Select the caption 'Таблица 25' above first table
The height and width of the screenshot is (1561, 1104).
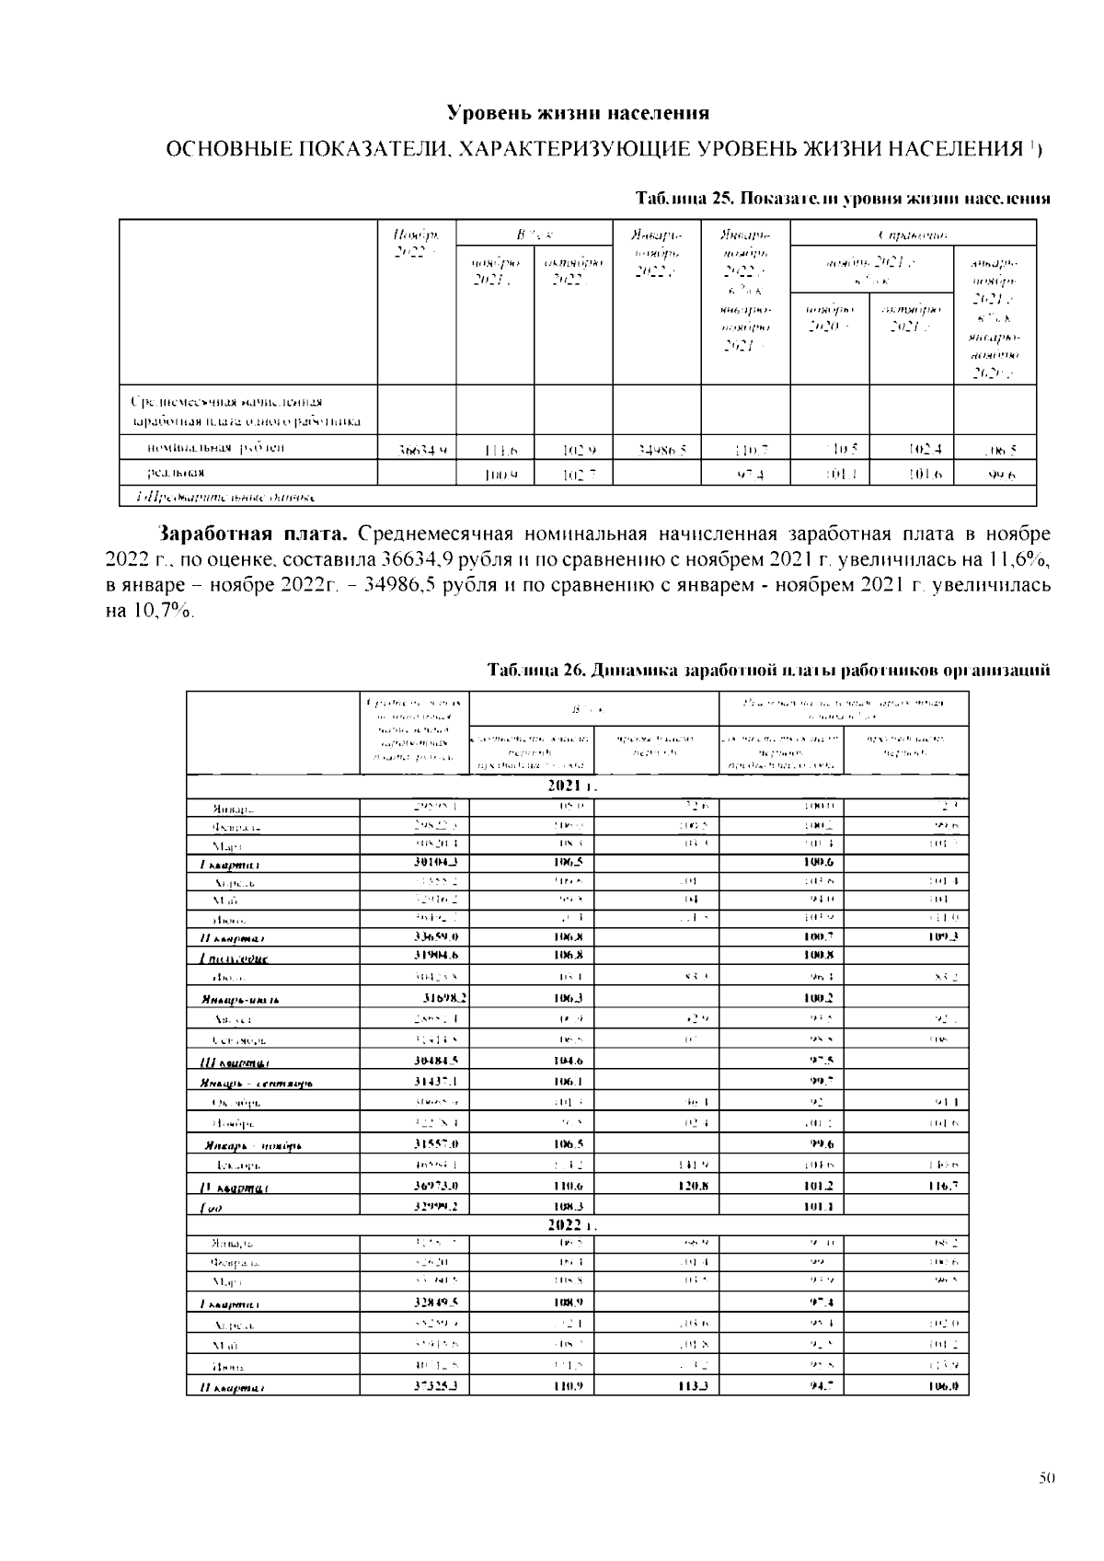tap(684, 199)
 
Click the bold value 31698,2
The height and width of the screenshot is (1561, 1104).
tap(443, 998)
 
